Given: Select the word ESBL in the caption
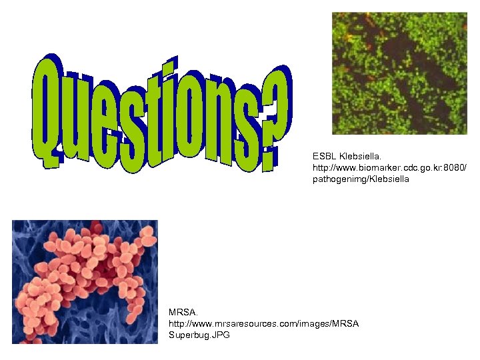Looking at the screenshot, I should (325, 155).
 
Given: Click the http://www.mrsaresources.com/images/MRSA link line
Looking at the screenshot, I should (264, 323).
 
